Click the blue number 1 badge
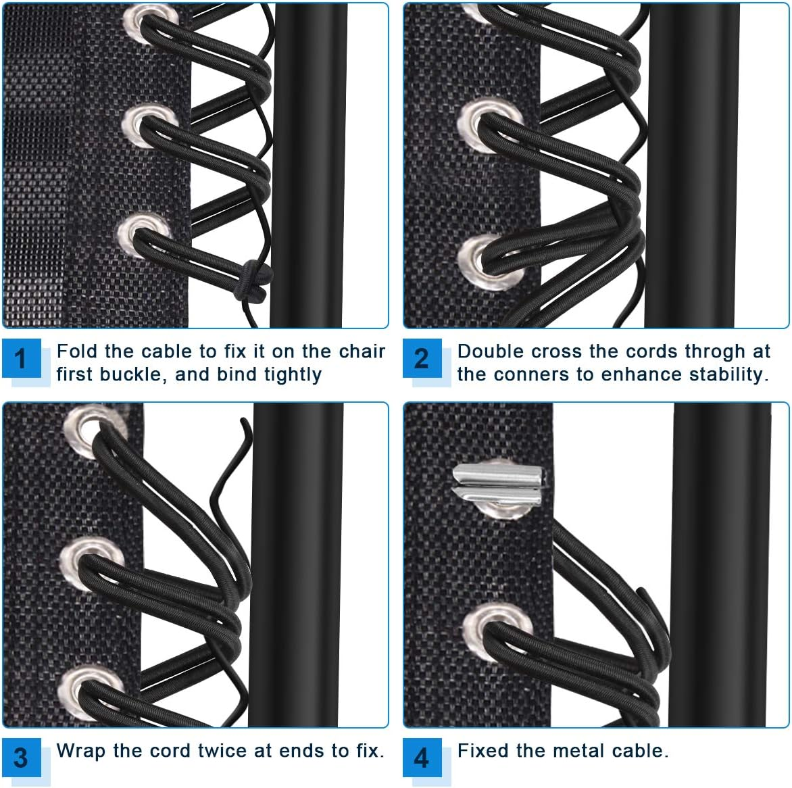(21, 358)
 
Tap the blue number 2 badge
(422, 358)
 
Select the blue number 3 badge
(21, 758)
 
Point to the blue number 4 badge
(422, 758)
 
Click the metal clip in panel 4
(498, 485)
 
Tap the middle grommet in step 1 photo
(143, 124)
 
